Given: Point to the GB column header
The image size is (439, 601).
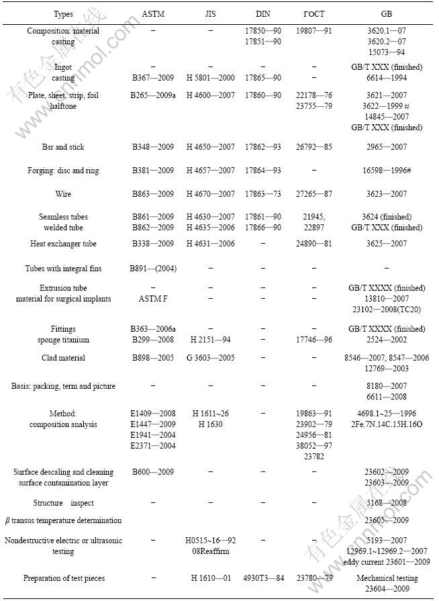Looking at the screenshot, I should (387, 13).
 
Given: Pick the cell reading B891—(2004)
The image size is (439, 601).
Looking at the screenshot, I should (152, 269).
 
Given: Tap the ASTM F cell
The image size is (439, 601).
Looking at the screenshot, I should (152, 299).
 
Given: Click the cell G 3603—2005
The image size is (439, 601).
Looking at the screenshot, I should (210, 358).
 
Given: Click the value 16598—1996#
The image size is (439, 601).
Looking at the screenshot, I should (387, 171).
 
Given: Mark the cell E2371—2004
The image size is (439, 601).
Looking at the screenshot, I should (152, 445).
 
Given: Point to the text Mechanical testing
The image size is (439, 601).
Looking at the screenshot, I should (387, 578).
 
